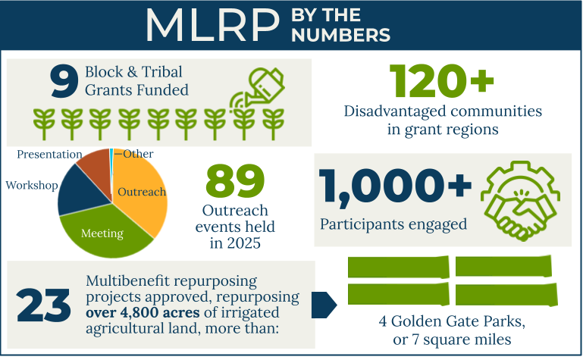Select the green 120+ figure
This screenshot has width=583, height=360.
(x=442, y=80)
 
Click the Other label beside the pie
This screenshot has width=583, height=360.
(x=137, y=154)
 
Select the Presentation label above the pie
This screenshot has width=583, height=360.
(x=50, y=154)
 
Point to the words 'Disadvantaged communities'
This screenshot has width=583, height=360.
(x=444, y=111)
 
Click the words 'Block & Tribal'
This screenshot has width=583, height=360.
(x=133, y=74)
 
